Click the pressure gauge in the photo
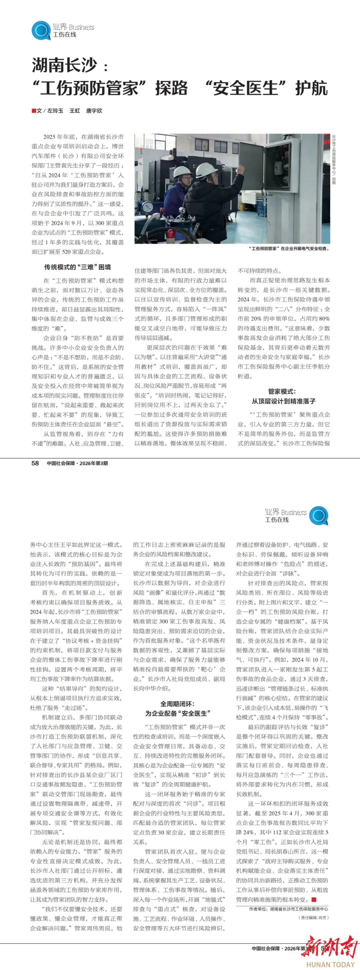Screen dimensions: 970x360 point(148,207)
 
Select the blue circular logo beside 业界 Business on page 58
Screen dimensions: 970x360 point(41,30)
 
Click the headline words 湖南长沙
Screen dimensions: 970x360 point(64,65)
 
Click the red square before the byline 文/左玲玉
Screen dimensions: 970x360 point(34,111)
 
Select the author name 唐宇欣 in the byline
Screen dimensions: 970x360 point(94,111)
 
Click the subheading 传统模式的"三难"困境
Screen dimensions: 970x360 point(78,267)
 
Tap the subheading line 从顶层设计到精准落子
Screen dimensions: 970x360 point(284,401)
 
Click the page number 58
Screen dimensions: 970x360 point(35,463)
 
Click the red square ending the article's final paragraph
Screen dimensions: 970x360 point(314,900)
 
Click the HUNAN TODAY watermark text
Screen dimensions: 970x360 point(330,964)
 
